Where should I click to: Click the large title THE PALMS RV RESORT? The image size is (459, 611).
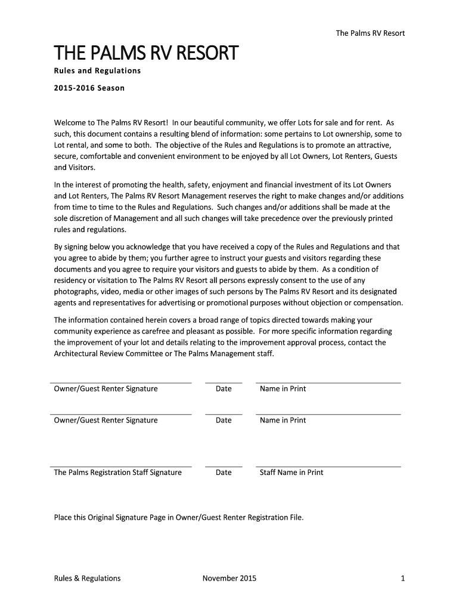coord(146,54)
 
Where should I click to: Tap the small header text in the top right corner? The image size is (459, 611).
coord(370,33)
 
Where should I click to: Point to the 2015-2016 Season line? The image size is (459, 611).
coord(89,88)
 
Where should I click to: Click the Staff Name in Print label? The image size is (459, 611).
coord(291,473)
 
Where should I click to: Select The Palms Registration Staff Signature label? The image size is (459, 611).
coord(118,473)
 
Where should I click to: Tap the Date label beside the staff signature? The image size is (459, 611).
coord(224,473)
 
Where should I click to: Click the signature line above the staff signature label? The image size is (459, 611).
coord(121,466)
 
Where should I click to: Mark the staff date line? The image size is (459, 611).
coord(224,466)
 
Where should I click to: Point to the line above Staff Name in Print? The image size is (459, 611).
coord(328,466)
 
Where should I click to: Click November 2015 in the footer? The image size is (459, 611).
coord(229,578)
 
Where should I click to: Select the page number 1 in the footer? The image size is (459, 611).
coord(403,578)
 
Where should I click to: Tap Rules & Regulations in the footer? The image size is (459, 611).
coord(87,578)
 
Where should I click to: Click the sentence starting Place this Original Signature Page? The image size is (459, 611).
coord(179,517)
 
